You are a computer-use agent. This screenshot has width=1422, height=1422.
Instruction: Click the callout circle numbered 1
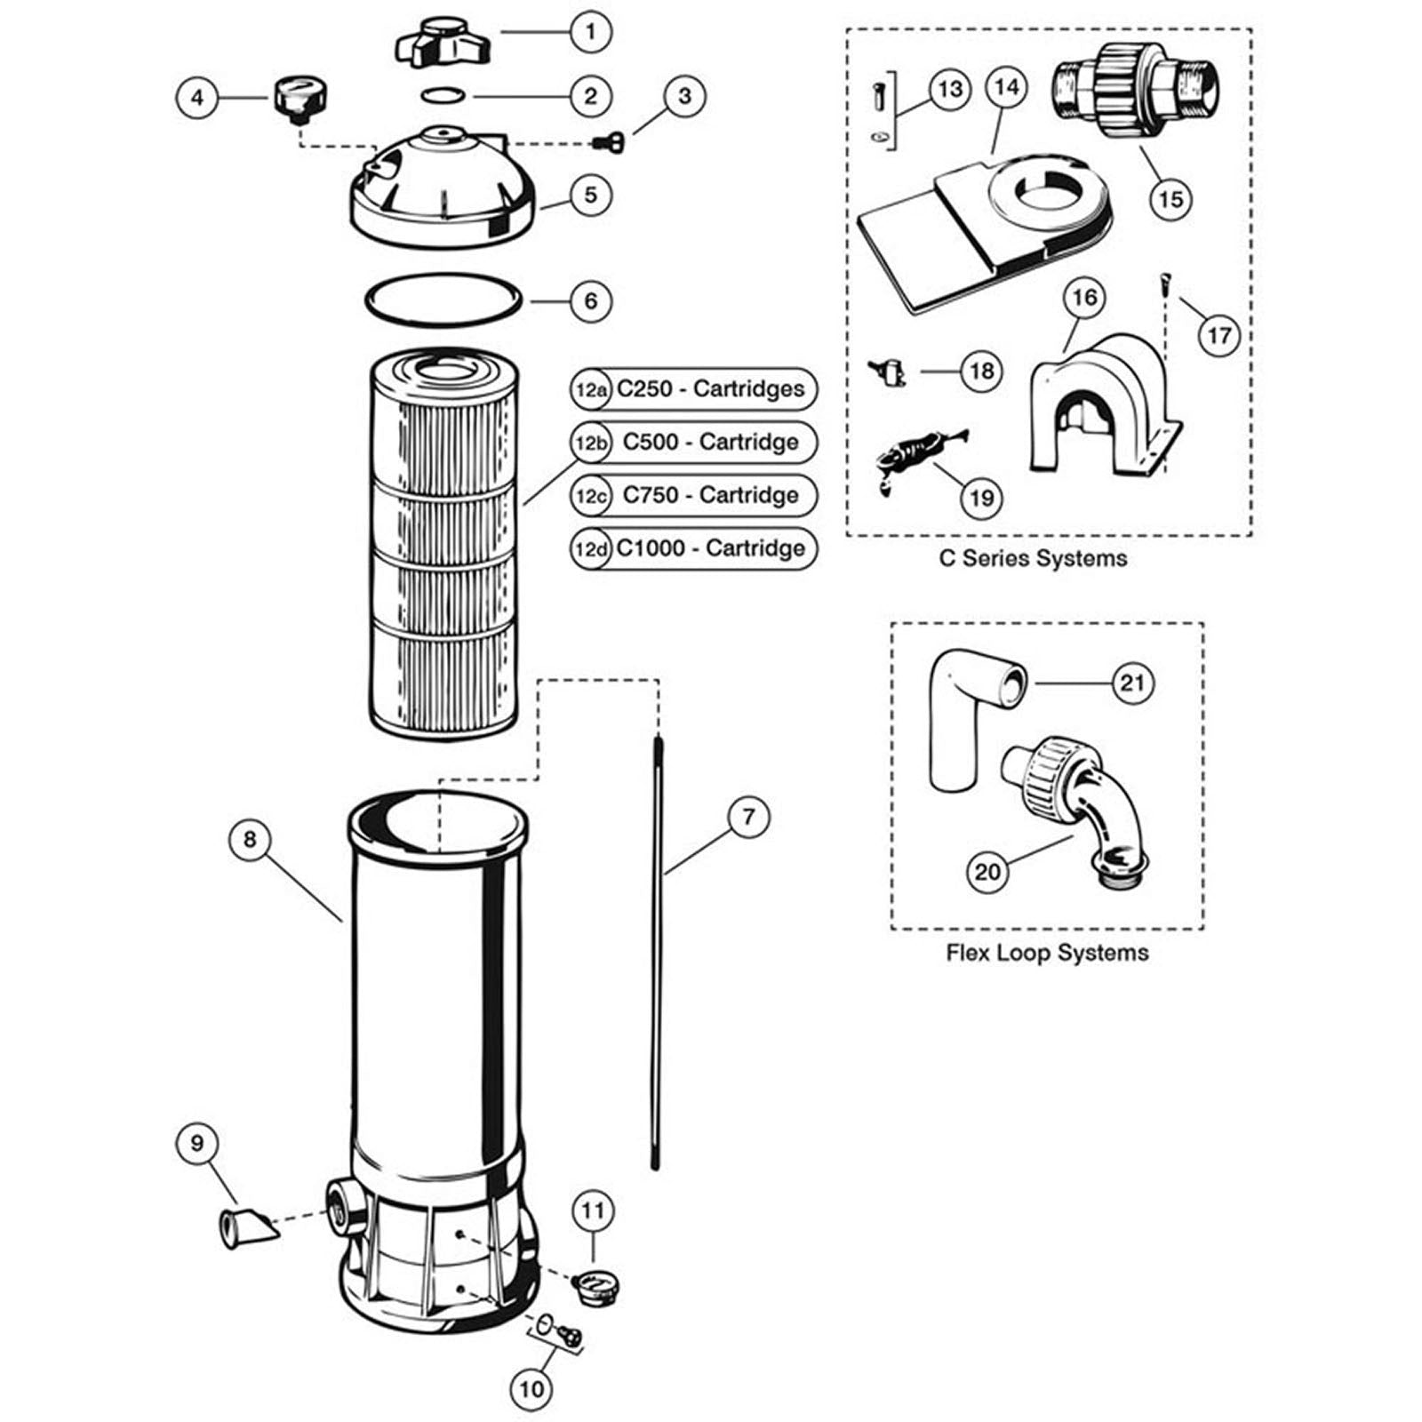click(591, 33)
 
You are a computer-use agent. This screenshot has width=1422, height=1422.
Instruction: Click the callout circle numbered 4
click(197, 97)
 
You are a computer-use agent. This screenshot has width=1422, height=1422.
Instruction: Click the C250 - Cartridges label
click(710, 388)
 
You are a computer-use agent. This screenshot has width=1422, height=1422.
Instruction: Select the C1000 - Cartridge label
click(710, 548)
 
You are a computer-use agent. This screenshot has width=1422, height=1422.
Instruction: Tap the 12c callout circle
click(590, 496)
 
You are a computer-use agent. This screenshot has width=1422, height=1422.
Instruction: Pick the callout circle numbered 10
click(531, 1388)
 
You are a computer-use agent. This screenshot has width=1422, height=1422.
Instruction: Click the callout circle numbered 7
click(748, 816)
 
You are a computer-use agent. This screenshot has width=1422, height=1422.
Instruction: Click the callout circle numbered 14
click(1006, 87)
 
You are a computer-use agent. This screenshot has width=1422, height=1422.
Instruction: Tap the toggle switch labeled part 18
click(887, 371)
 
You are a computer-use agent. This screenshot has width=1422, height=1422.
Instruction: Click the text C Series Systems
click(1033, 558)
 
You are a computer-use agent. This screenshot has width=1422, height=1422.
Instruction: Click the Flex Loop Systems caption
click(1047, 953)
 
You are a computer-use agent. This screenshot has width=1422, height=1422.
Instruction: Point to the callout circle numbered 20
click(987, 871)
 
